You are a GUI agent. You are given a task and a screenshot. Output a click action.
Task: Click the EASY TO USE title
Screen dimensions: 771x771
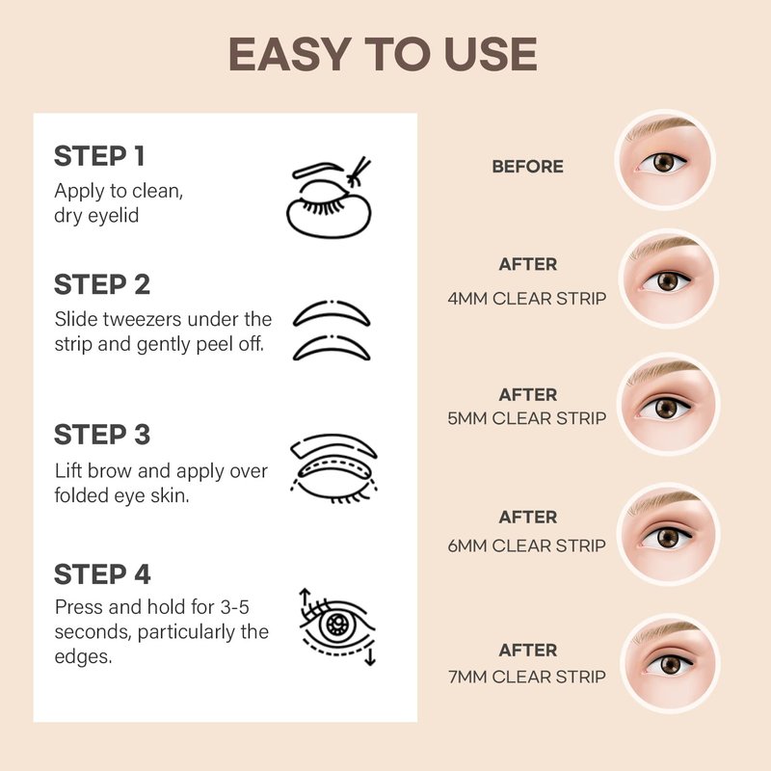pos(383,54)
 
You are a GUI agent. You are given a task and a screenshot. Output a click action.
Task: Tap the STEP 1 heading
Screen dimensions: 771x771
pos(99,156)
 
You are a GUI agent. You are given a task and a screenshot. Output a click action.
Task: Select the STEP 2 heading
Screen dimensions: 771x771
pos(102,284)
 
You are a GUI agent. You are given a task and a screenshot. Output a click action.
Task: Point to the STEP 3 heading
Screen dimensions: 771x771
pos(102,435)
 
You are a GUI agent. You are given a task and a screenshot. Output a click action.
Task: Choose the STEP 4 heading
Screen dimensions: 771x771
pos(102,574)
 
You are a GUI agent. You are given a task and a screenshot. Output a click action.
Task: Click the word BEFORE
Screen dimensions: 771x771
pos(527,167)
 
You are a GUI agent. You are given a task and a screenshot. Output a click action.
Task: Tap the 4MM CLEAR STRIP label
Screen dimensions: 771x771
pos(526,299)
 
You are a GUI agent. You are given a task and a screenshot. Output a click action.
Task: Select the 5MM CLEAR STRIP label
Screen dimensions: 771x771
pos(526,418)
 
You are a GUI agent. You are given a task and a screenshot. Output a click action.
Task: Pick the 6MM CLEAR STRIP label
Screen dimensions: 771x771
pos(526,545)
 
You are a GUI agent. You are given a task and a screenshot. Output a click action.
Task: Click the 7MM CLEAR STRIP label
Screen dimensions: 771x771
pos(526,678)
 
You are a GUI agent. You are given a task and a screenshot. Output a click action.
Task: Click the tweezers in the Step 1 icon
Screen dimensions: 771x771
pos(359,172)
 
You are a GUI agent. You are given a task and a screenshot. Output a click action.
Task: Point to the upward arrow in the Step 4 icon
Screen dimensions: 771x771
pos(305,598)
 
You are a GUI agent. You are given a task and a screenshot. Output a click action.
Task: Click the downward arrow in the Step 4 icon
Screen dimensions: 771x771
pos(370,656)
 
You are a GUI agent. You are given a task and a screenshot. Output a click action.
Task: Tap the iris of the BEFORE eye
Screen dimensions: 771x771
pos(664,162)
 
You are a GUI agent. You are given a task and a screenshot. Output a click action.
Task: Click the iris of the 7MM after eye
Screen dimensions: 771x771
pos(670,665)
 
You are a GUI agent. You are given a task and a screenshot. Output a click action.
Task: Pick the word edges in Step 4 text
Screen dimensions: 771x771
pos(83,657)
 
